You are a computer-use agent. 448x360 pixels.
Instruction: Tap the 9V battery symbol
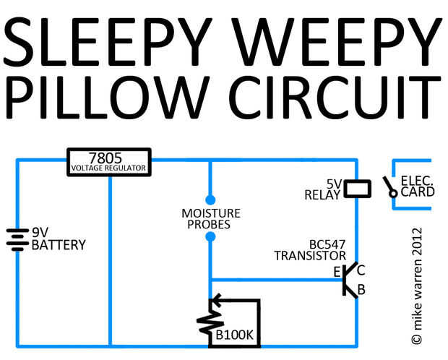click(x=18, y=239)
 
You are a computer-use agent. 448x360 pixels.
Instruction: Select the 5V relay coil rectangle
click(x=358, y=189)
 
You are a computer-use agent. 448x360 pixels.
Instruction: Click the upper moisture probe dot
click(x=210, y=200)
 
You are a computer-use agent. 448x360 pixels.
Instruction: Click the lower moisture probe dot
click(x=210, y=237)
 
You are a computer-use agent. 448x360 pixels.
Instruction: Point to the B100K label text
click(x=235, y=335)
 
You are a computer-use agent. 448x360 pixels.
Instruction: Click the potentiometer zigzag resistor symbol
click(x=210, y=322)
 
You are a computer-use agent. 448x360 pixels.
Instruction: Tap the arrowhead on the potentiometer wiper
click(x=217, y=300)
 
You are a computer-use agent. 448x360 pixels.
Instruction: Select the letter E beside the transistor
click(x=337, y=272)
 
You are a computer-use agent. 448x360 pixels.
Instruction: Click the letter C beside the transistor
click(x=361, y=270)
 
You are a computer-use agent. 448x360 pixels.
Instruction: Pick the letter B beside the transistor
click(x=361, y=290)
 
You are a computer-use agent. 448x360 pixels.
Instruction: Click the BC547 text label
click(x=327, y=244)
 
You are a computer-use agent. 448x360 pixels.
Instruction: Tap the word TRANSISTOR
click(x=310, y=256)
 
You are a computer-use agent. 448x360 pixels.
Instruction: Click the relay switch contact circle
click(x=393, y=194)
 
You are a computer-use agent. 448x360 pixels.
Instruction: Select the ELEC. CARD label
click(x=417, y=187)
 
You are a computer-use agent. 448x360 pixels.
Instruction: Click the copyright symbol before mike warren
click(x=417, y=339)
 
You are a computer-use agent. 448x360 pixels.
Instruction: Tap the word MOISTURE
click(x=211, y=213)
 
